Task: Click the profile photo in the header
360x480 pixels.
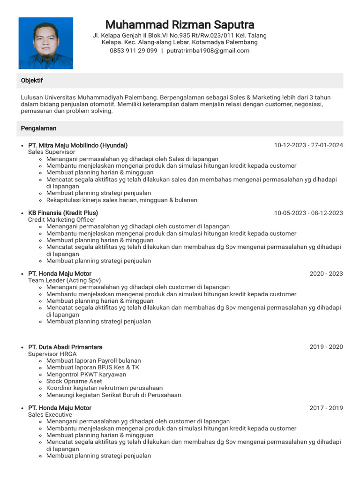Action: [46, 43]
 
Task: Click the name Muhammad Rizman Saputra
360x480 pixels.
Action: [180, 24]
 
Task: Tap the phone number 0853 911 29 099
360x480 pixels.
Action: [134, 51]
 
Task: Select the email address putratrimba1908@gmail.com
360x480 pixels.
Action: [208, 51]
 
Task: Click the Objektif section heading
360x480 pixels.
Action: [32, 81]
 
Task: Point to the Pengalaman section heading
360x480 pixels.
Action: [38, 128]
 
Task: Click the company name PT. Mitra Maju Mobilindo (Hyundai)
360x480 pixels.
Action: [78, 145]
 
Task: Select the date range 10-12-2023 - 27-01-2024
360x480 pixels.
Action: [308, 145]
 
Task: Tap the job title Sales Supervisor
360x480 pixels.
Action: [52, 152]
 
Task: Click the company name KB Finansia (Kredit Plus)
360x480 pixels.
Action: [63, 213]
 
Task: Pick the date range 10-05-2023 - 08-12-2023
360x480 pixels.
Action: [308, 213]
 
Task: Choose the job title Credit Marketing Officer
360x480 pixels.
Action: [61, 220]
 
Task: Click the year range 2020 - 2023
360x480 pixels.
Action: [326, 274]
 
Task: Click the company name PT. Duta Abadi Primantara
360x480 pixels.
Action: [65, 347]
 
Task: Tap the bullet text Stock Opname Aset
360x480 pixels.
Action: [74, 381]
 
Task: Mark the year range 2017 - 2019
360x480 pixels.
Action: [326, 408]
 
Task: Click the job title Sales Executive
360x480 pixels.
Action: [50, 415]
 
